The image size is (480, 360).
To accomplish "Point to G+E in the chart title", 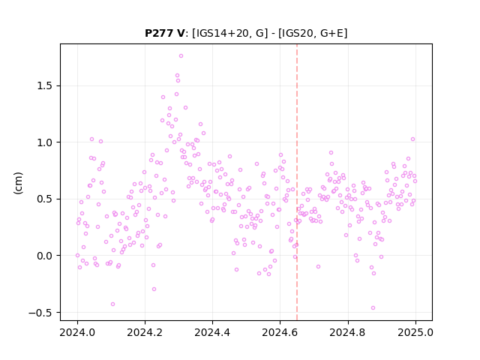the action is pyautogui.click(x=331, y=33).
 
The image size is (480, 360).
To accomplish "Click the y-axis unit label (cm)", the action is pyautogui.click(x=18, y=183).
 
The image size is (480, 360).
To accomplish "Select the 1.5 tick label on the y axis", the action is pyautogui.click(x=44, y=86).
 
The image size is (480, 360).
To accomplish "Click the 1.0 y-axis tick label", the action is pyautogui.click(x=44, y=142).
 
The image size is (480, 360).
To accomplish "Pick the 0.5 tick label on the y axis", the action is pyautogui.click(x=44, y=199).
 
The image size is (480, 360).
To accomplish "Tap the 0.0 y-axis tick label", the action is pyautogui.click(x=44, y=256).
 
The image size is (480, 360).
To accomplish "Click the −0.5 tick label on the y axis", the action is pyautogui.click(x=40, y=313).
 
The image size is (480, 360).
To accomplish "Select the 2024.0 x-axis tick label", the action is pyautogui.click(x=77, y=332).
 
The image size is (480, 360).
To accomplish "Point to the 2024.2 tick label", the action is pyautogui.click(x=145, y=332).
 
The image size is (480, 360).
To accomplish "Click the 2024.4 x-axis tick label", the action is pyautogui.click(x=212, y=332).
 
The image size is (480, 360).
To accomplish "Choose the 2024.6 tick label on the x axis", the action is pyautogui.click(x=280, y=332).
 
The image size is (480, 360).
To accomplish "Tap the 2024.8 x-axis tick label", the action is pyautogui.click(x=348, y=332).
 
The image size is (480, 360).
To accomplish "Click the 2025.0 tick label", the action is pyautogui.click(x=415, y=332).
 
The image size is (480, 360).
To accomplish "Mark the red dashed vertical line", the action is pyautogui.click(x=297, y=182).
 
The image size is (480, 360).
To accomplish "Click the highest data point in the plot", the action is pyautogui.click(x=181, y=56).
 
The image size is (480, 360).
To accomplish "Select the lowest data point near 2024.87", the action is pyautogui.click(x=373, y=308).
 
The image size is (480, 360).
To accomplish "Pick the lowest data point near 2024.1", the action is pyautogui.click(x=112, y=304).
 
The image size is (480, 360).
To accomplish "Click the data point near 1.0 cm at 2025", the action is pyautogui.click(x=412, y=139).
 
